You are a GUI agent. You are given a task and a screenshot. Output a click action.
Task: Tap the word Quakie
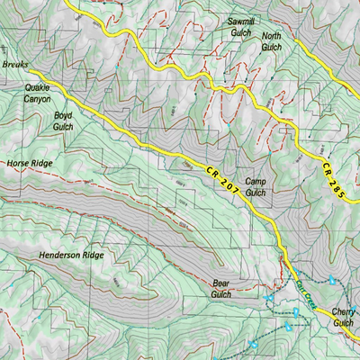coord(38,87)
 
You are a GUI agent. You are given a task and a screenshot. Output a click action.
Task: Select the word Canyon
coord(38,99)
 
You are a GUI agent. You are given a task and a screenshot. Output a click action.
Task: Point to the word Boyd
coord(62,116)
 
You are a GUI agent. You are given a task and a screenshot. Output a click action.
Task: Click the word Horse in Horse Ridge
coord(19,164)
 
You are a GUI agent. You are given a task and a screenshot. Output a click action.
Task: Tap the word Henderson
coord(62,256)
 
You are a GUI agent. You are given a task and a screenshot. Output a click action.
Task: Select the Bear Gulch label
coord(221,288)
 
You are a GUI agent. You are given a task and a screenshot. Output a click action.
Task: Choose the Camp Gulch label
coord(256,186)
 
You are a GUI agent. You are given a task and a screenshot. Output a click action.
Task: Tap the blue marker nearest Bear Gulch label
coord(268,298)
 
